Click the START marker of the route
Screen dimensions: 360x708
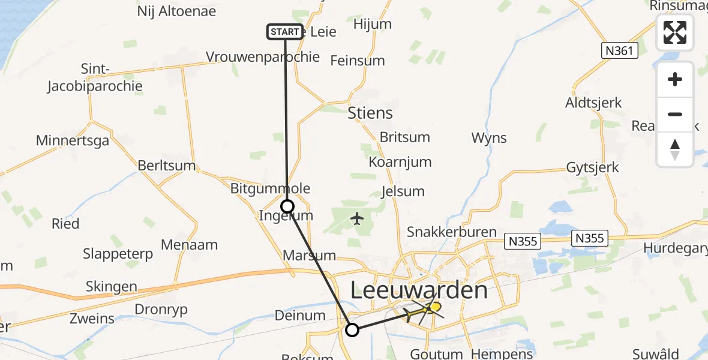284,31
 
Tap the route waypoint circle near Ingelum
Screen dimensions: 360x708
288,206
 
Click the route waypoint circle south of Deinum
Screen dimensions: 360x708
352,329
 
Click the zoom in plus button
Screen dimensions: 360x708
675,79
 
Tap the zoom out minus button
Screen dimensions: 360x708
675,114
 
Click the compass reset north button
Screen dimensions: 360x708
675,149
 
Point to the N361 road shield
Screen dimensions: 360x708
619,51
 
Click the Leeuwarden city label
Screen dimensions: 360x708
418,291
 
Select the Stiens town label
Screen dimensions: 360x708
370,113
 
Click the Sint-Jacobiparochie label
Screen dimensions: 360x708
95,78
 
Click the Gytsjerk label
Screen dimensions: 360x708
592,167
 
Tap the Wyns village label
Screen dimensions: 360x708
489,138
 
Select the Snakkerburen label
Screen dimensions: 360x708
451,232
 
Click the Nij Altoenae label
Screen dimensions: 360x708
176,11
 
